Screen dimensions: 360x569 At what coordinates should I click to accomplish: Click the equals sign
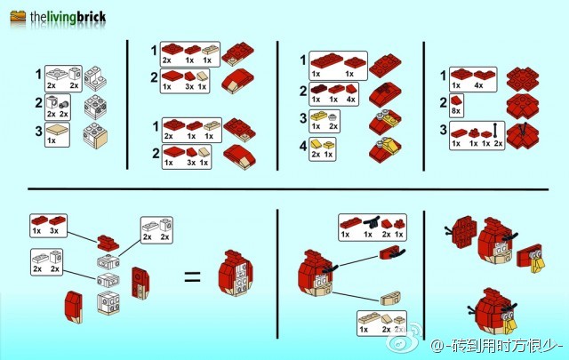tap(192, 276)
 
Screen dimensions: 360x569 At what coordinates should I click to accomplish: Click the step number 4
tap(302, 145)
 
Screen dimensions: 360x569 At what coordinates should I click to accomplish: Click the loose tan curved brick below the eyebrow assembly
tap(389, 298)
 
